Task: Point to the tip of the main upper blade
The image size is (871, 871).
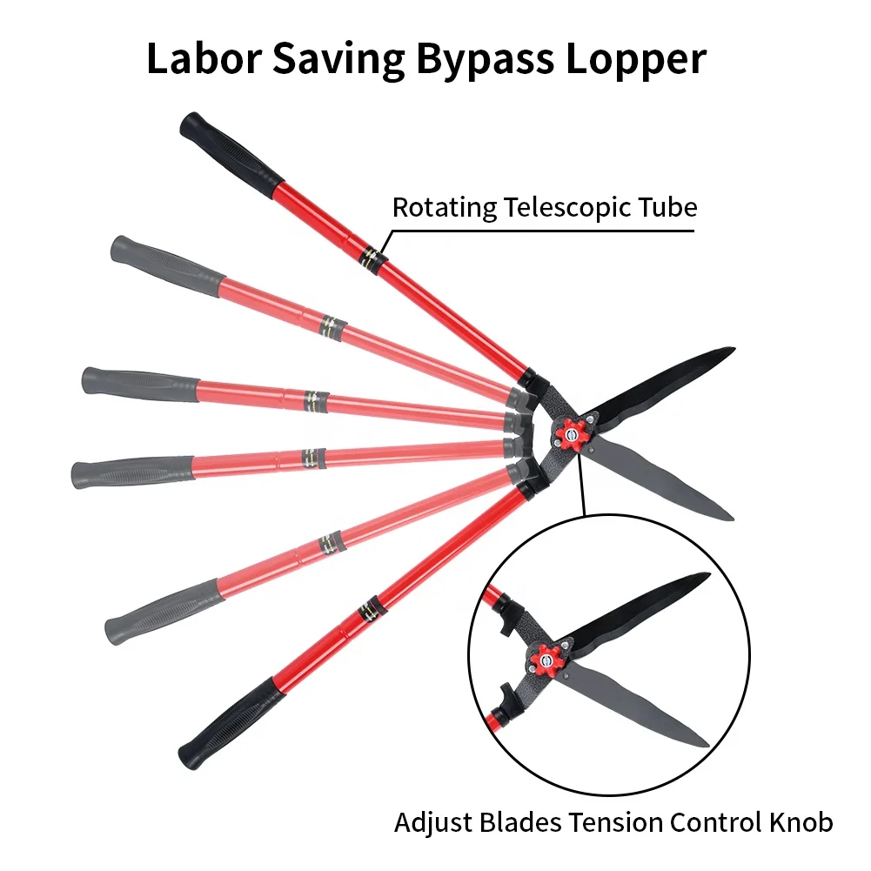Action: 733,350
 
